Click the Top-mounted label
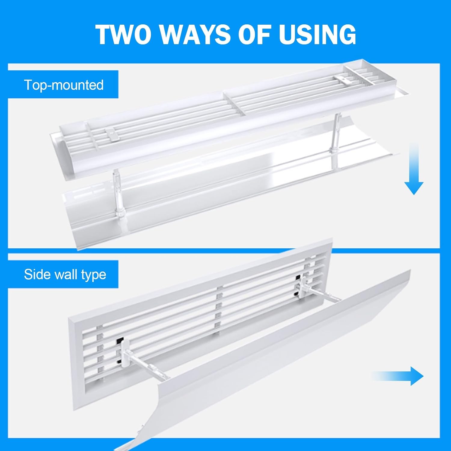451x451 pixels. [64, 85]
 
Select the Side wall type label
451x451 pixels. [65, 275]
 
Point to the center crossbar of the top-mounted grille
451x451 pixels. [235, 104]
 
